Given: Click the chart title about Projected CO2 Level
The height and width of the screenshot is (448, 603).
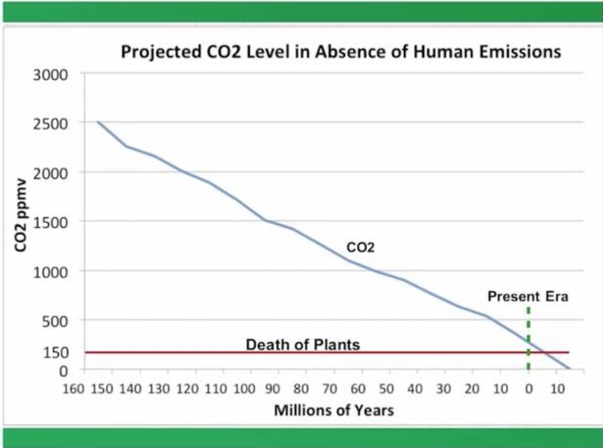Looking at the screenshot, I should pos(340,52).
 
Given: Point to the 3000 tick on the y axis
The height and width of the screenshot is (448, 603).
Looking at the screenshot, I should pos(50,74).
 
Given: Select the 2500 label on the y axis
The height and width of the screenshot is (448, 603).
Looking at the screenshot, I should pos(50,123).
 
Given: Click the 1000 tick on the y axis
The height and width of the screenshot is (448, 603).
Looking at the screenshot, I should pos(50,272).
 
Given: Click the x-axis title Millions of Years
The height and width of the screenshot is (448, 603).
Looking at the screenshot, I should pos(333,410).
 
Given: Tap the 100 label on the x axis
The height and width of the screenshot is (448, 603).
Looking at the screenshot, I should pos(245,388).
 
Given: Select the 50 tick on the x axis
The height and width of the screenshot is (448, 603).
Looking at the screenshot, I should pos(387,388).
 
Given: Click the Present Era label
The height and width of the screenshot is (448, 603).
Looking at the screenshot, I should pos(527,296).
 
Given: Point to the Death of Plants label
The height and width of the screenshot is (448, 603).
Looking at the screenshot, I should pos(303,345).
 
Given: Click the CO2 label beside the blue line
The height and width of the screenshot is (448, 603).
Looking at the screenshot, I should pos(360,247).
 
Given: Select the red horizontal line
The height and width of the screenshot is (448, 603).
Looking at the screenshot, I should pos(201,352).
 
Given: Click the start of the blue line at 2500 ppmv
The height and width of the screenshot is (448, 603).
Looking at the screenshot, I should pos(98,122).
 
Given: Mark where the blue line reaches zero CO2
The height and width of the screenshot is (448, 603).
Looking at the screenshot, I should pos(569,369).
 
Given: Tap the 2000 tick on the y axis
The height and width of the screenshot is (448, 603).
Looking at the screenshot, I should pos(50,172).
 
